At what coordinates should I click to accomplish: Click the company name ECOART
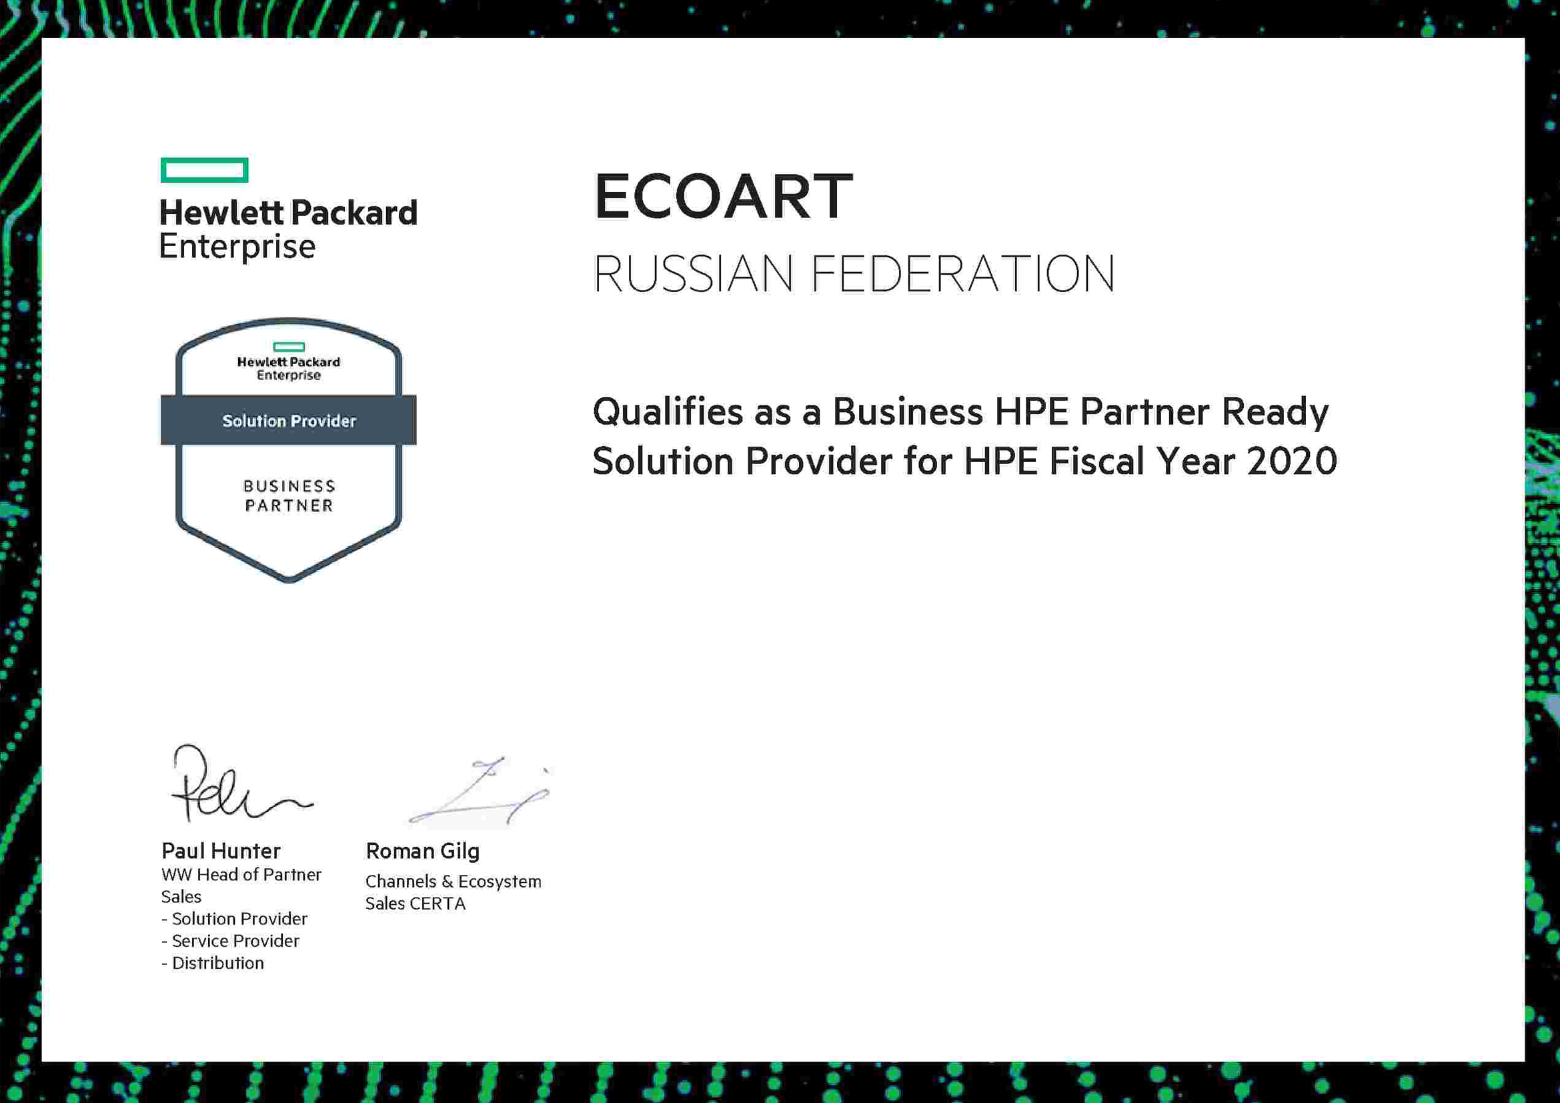tap(724, 196)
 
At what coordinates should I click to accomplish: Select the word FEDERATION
tap(963, 273)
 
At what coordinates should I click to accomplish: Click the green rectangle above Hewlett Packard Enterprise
tap(205, 171)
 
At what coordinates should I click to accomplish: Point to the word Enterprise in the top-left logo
tap(237, 247)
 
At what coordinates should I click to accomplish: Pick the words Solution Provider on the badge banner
tap(289, 421)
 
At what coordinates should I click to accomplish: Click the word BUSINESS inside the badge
tap(289, 486)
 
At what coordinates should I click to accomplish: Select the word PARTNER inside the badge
tap(289, 506)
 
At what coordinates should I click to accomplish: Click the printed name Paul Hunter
tap(221, 851)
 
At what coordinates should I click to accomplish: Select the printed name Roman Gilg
tap(423, 852)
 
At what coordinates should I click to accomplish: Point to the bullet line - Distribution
tap(213, 963)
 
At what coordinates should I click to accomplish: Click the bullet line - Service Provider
tap(230, 941)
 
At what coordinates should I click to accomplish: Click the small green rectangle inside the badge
tap(289, 347)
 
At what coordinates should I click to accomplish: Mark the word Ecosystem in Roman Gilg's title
tap(500, 882)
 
